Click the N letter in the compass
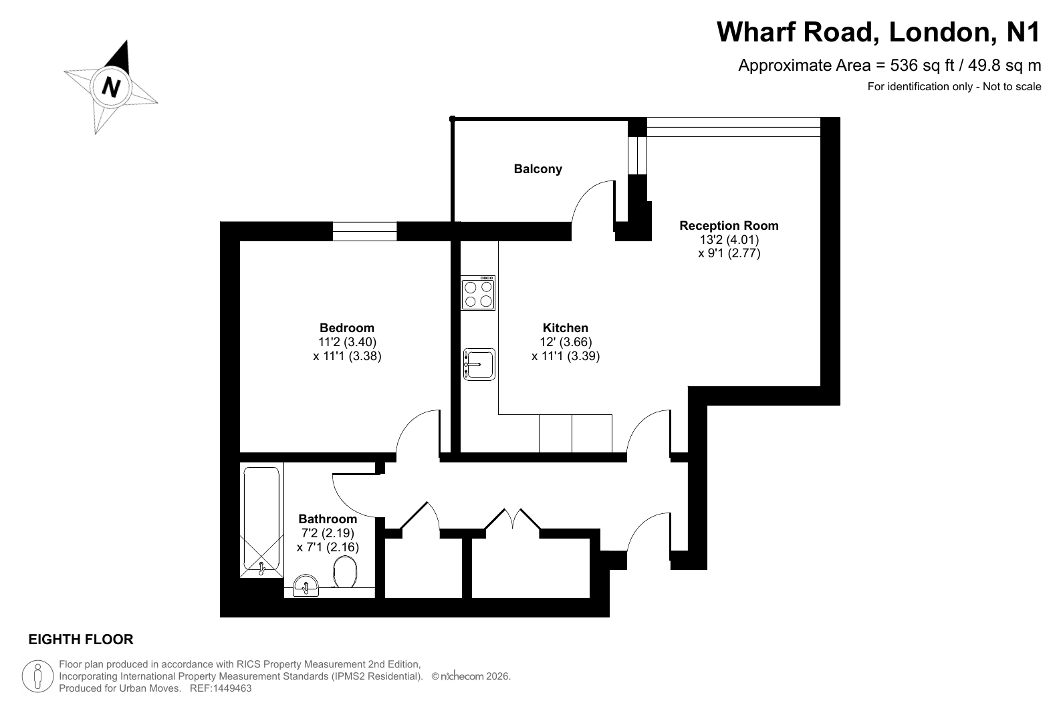[111, 87]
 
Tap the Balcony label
[538, 169]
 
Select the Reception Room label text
[729, 225]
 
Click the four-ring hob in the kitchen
[478, 293]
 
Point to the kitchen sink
[479, 364]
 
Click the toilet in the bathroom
[345, 571]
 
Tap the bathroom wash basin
[306, 586]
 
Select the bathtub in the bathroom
[261, 521]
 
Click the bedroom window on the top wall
[365, 231]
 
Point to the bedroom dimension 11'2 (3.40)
[347, 342]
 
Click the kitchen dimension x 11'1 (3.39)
[566, 356]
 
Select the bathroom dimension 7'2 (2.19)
[328, 533]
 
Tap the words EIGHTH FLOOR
[81, 640]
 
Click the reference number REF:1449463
[221, 688]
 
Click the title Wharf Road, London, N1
[878, 32]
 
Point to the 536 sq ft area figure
[922, 65]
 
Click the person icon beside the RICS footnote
[37, 676]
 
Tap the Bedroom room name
[347, 327]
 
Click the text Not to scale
[1012, 87]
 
